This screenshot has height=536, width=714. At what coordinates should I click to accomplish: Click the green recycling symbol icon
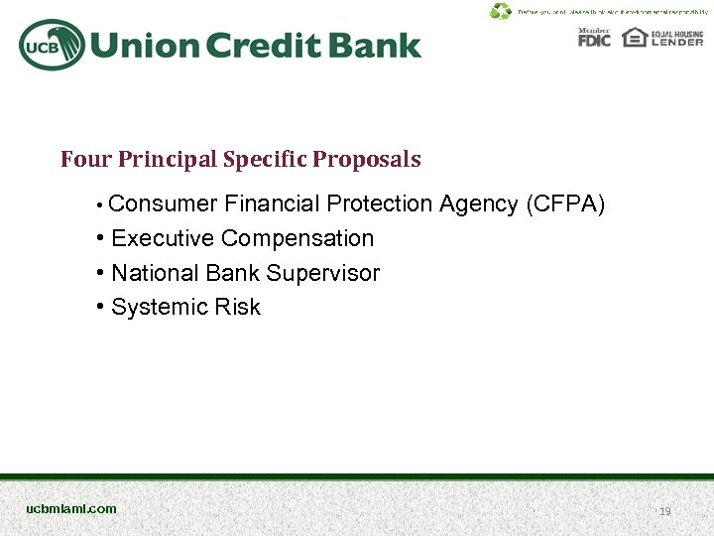point(501,12)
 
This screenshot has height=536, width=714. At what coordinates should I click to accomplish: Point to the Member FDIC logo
point(594,38)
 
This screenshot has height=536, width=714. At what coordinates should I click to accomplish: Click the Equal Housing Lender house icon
point(634,38)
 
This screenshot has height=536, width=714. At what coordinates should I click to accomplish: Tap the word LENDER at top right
point(677,43)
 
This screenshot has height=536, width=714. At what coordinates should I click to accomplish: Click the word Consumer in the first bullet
point(163,204)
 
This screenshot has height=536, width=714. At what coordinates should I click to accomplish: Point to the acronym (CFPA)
point(565,204)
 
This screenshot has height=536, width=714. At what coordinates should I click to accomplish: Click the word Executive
point(164,239)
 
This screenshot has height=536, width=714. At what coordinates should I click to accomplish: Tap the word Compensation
point(297,239)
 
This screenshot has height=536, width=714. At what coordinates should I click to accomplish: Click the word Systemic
point(154,308)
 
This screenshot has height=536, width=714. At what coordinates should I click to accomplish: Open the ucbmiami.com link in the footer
point(71,509)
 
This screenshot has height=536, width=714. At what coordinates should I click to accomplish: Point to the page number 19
point(665,512)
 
